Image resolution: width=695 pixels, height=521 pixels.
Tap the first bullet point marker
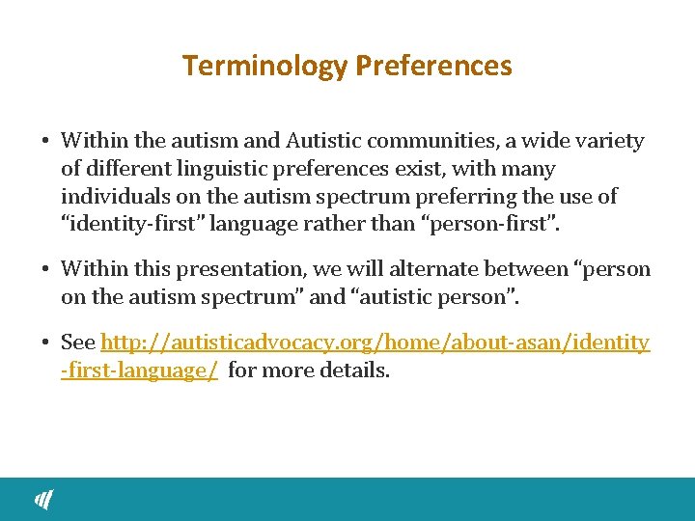tap(46, 142)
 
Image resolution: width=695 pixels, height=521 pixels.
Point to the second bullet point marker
tap(46, 269)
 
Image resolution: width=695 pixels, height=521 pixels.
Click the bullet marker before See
tap(46, 343)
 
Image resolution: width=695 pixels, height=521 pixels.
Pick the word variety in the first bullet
tap(610, 141)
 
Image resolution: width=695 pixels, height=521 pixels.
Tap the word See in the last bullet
tap(77, 343)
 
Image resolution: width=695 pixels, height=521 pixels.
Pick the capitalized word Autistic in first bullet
tap(322, 141)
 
